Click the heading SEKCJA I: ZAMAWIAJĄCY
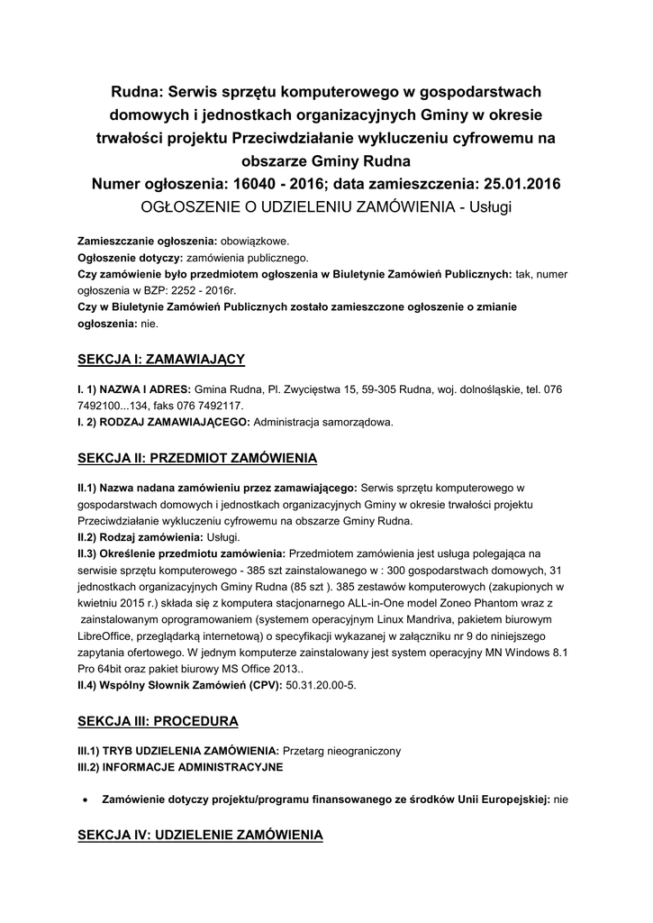(x=161, y=360)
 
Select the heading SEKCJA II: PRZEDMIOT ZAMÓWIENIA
(x=197, y=459)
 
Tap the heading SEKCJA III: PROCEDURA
(x=158, y=721)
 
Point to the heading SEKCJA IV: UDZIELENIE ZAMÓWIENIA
(x=200, y=836)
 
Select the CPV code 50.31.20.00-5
(x=322, y=687)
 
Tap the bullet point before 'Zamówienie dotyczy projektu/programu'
(x=84, y=799)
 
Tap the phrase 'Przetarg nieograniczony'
(x=341, y=751)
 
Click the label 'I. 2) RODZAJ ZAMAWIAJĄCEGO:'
(x=166, y=422)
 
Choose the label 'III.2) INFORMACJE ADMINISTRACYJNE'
(x=180, y=767)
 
